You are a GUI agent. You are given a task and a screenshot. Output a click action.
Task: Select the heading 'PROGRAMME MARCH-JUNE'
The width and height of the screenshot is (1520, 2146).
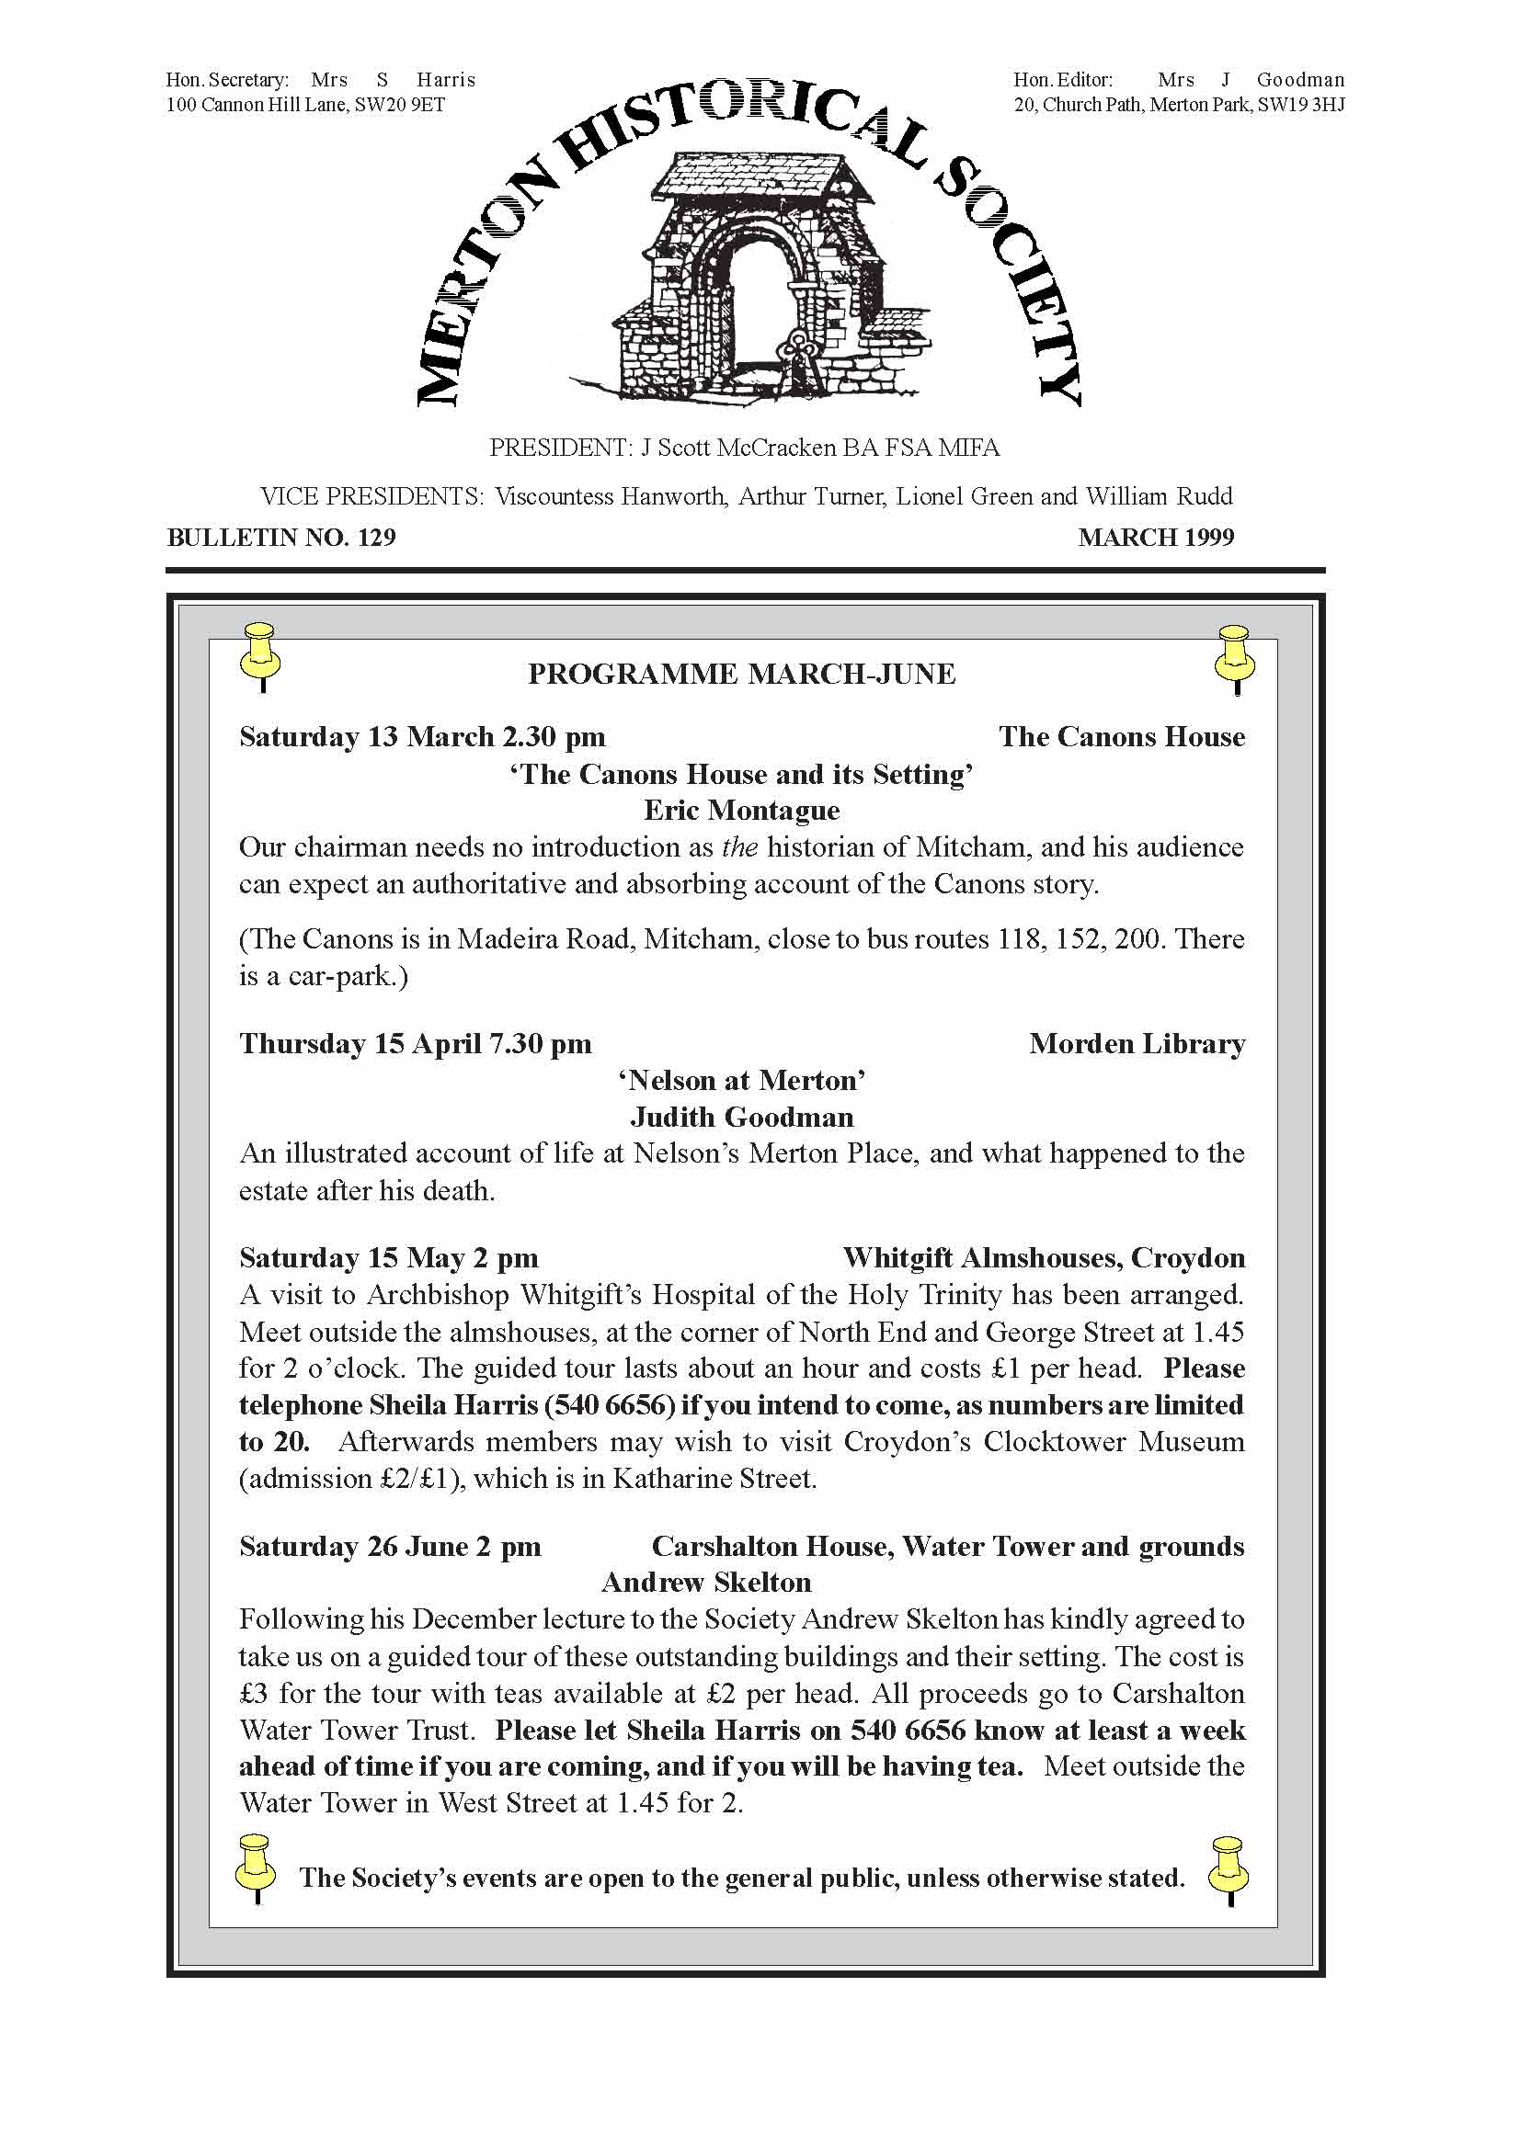click(x=741, y=675)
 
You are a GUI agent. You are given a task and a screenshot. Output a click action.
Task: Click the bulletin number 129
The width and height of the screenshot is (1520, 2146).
click(x=376, y=537)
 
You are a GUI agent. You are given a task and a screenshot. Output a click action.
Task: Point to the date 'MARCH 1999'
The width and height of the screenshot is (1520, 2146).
click(x=1156, y=537)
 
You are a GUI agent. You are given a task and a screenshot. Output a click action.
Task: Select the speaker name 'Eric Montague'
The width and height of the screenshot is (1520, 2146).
click(x=741, y=810)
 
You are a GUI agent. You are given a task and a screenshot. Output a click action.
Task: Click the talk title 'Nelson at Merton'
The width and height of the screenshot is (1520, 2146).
click(x=741, y=1081)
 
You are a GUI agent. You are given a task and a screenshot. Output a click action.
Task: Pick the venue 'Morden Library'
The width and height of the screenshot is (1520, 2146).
click(x=1137, y=1044)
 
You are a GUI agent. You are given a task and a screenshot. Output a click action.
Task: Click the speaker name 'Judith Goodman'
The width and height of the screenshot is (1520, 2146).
click(x=741, y=1117)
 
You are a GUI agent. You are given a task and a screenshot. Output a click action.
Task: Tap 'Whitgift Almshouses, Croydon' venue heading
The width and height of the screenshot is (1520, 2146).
click(x=1044, y=1258)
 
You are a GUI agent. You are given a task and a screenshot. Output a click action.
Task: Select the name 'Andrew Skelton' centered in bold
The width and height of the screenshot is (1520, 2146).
click(x=705, y=1582)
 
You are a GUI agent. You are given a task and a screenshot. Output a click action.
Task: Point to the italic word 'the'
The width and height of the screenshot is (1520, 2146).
click(x=739, y=847)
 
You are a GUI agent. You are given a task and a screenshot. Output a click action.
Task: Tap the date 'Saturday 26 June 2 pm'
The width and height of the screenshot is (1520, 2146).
click(x=390, y=1547)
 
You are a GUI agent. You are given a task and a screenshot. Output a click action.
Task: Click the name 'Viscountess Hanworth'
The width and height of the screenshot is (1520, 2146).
click(x=611, y=496)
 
